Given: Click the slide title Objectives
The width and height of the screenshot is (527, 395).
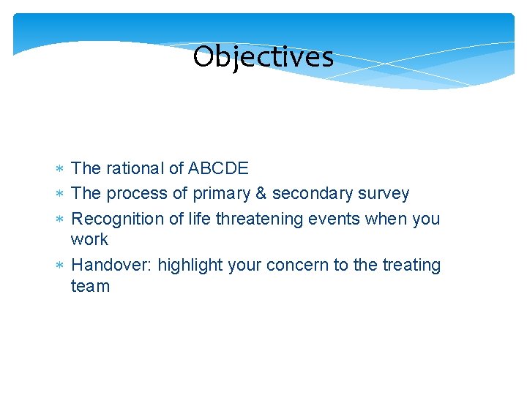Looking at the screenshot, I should point(263,57).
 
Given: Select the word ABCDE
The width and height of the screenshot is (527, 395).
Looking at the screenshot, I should point(218,169).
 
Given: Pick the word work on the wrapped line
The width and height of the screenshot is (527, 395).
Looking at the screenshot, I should point(89,240).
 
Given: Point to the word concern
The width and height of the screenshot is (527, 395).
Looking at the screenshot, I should point(299,265).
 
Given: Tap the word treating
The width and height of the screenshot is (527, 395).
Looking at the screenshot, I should point(411,266).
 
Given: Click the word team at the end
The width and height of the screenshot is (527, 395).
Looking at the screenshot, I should point(90,287).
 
